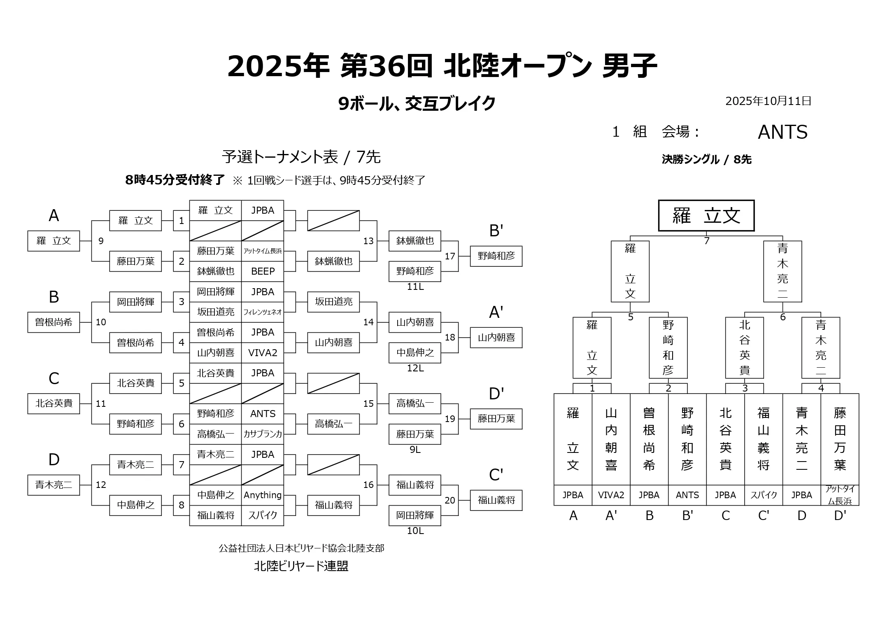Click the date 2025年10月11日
tap(768, 101)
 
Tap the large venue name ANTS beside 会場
tap(783, 132)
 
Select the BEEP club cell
tap(263, 271)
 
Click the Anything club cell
tap(263, 495)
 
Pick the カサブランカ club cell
tap(263, 434)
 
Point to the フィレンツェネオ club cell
tap(263, 312)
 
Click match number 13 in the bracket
tap(368, 241)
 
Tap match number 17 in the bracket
tap(450, 256)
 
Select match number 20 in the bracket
tap(450, 500)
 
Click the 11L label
tap(415, 287)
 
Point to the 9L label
tap(415, 450)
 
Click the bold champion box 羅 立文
tap(706, 216)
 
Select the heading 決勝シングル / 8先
tap(706, 159)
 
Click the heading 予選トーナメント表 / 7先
tap(301, 157)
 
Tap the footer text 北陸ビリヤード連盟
tap(301, 566)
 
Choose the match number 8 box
tap(182, 505)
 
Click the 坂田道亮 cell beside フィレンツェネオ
tap(215, 312)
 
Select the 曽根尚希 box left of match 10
tap(54, 322)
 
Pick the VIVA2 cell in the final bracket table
tap(611, 495)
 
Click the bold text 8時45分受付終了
tap(175, 180)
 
